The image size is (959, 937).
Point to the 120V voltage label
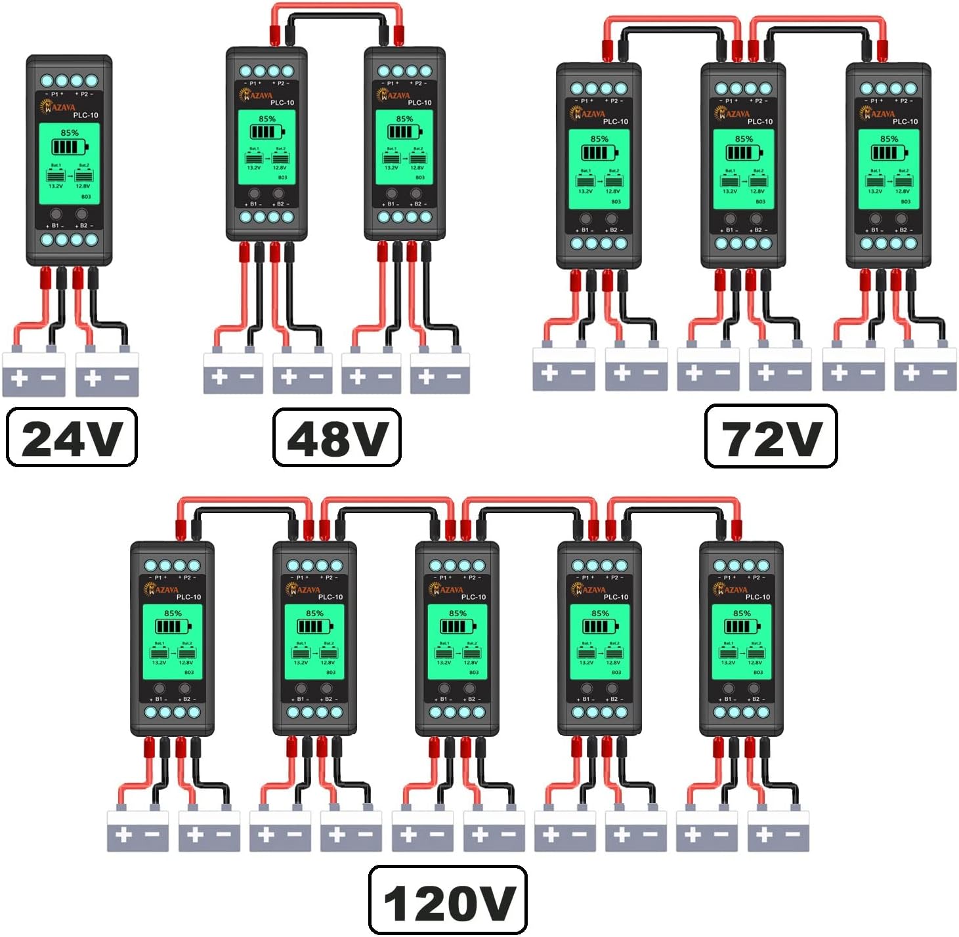click(x=448, y=901)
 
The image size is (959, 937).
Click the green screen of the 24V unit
click(x=69, y=164)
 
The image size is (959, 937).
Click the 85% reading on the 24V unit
click(x=69, y=133)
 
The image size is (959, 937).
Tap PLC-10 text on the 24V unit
click(x=85, y=115)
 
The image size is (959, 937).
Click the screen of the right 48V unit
click(x=404, y=146)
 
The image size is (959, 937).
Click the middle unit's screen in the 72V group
click(x=744, y=169)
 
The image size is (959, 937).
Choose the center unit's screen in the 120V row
click(x=458, y=642)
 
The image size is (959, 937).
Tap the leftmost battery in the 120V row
click(x=138, y=832)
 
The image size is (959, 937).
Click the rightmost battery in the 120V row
click(x=778, y=832)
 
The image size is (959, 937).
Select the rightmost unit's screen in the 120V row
click(x=742, y=642)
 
